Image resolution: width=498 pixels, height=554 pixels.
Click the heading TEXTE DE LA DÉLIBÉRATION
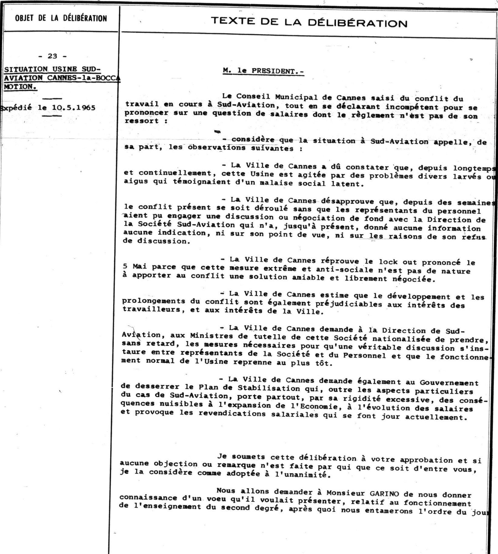coord(309,22)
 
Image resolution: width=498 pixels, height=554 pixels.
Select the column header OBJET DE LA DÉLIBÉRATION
coord(61,18)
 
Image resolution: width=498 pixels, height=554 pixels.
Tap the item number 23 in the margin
coord(52,56)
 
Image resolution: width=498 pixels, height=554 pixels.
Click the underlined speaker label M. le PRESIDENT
coord(263,71)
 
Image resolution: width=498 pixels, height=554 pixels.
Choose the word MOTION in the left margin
coord(20,87)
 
